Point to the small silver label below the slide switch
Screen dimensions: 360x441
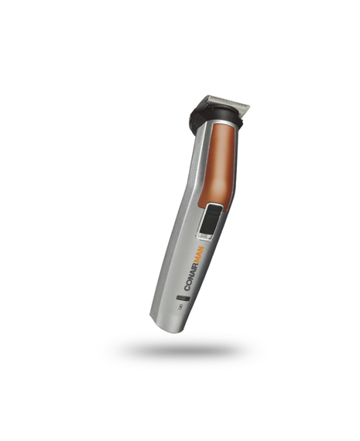[205, 237]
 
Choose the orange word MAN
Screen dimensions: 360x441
[199, 255]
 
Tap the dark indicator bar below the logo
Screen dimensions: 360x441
[183, 298]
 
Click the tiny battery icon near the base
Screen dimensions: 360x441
[180, 308]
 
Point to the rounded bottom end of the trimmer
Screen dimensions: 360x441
[166, 326]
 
